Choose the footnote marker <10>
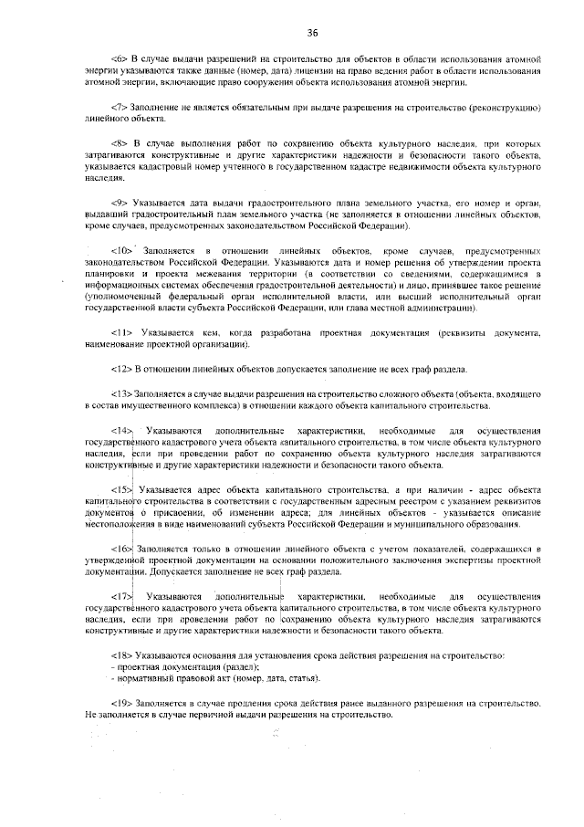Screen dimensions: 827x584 (122, 250)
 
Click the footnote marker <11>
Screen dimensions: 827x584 (122, 334)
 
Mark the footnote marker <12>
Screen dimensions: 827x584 (122, 369)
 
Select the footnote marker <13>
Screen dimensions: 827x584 (122, 393)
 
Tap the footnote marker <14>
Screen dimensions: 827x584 (122, 429)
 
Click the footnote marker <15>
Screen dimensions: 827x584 (122, 490)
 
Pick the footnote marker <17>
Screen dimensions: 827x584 (122, 596)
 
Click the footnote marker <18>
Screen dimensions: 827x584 (122, 655)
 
